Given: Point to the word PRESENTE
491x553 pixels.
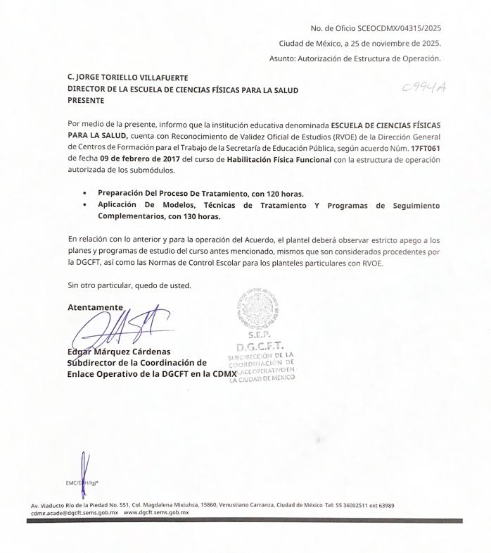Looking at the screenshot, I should point(86,101).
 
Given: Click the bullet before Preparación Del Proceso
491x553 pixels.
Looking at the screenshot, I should point(85,192).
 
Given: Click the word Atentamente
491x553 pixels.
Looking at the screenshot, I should point(95,307).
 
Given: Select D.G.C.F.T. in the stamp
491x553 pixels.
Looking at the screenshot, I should point(260,347).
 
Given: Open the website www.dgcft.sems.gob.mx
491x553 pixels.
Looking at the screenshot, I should point(156,513).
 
